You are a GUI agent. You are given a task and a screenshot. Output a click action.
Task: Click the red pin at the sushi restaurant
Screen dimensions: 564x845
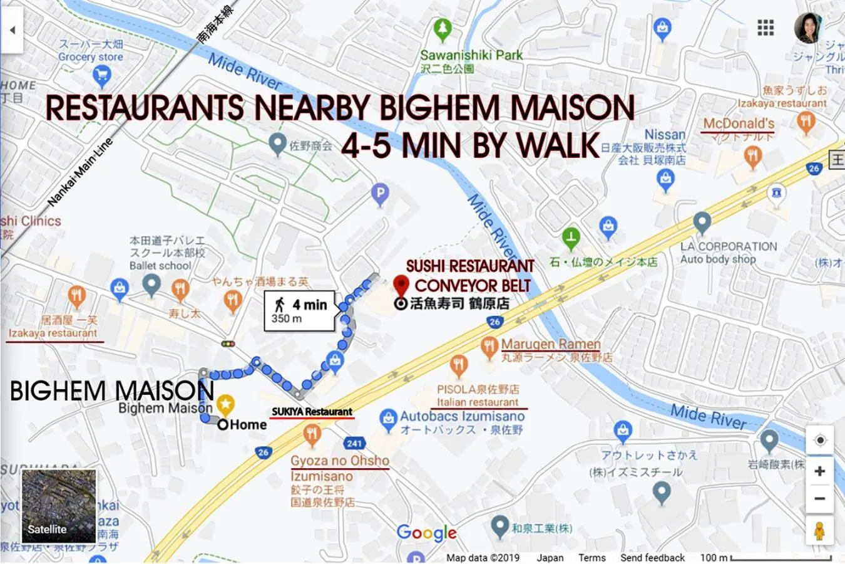click(401, 286)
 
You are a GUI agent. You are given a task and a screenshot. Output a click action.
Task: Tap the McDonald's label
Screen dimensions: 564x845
click(739, 123)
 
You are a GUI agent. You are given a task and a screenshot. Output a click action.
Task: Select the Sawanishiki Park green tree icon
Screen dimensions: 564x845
click(443, 29)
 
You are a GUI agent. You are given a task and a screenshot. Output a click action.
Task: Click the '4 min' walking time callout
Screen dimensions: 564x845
click(300, 310)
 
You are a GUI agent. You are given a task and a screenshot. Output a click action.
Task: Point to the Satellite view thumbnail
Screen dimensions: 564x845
click(59, 506)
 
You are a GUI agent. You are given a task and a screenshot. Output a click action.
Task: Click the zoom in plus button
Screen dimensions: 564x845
click(819, 471)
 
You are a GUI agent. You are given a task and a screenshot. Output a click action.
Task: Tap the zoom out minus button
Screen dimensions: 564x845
click(819, 499)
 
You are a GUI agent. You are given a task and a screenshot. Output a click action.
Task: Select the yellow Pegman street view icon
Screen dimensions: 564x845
click(819, 531)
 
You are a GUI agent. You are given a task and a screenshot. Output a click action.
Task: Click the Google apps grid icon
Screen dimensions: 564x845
click(766, 28)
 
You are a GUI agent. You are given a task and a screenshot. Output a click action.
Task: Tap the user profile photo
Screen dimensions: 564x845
click(808, 28)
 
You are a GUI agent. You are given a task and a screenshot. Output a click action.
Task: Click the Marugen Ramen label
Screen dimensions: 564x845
click(551, 344)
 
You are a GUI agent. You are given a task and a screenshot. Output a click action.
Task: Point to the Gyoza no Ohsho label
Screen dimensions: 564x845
click(340, 461)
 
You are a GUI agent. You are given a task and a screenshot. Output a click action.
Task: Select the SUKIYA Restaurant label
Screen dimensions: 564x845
click(312, 412)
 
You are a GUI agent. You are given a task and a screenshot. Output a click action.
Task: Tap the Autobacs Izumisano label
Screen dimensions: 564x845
click(462, 416)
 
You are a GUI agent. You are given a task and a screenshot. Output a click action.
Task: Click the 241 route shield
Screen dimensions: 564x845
click(354, 443)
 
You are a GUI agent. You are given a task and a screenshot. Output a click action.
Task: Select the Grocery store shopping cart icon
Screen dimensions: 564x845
click(101, 76)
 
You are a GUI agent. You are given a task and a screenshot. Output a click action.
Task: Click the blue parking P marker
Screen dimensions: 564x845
click(380, 195)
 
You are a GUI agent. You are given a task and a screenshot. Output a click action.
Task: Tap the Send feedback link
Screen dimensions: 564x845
click(652, 557)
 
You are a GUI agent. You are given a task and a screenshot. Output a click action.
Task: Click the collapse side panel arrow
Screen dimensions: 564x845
click(11, 30)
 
